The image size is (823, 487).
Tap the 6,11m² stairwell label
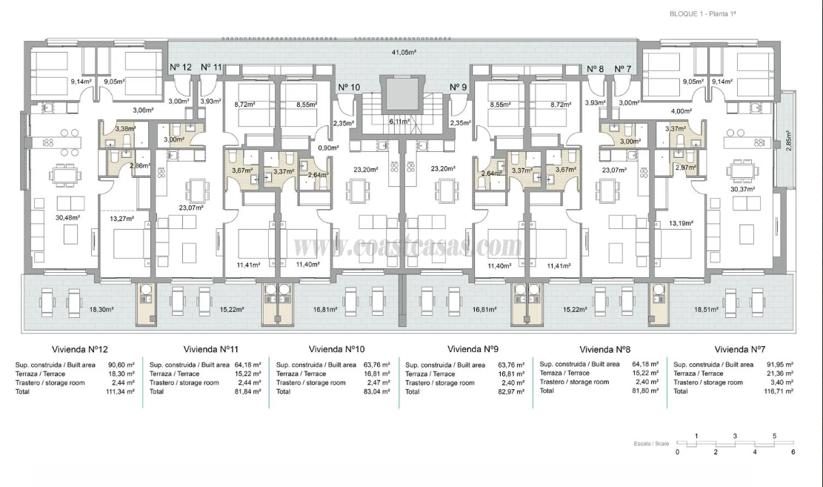(x=401, y=121)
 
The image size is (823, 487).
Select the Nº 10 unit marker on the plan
(x=349, y=87)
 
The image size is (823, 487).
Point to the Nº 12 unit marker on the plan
(x=181, y=67)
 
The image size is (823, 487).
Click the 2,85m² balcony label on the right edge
(x=788, y=142)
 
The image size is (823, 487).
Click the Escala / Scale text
(x=649, y=443)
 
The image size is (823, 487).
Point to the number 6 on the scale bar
(x=793, y=451)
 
